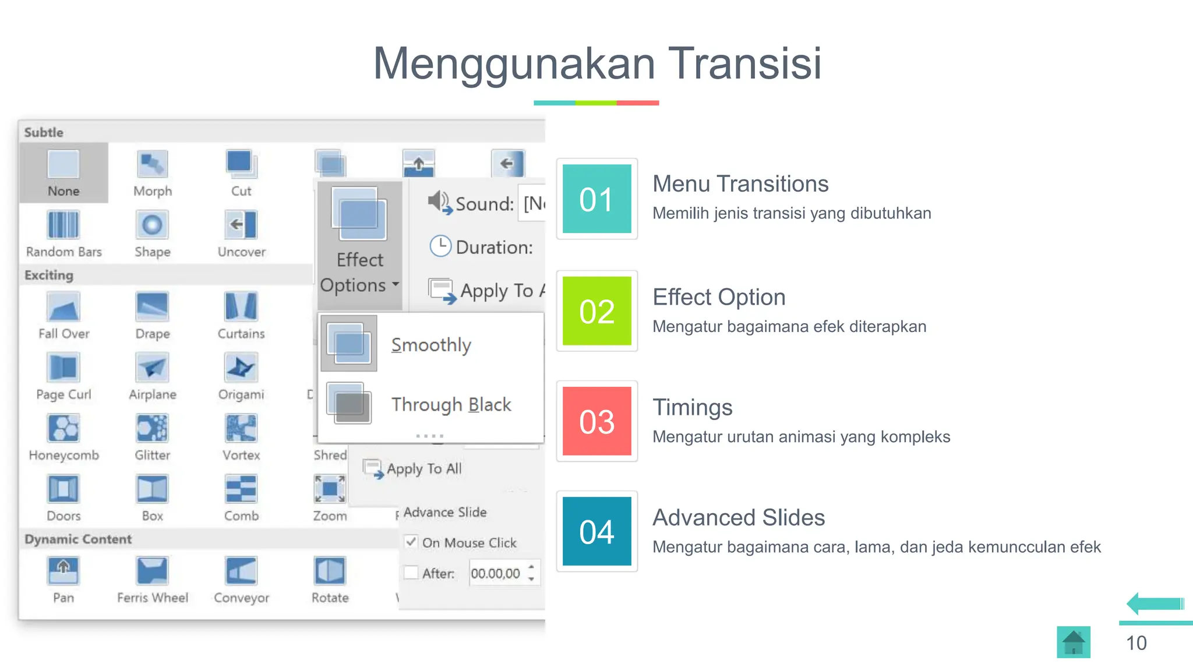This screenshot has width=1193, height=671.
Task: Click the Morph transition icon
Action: [x=152, y=164]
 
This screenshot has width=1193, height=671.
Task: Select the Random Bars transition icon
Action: [x=63, y=225]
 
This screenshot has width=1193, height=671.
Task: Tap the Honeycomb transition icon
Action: [x=63, y=429]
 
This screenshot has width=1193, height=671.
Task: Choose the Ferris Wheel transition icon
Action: [x=152, y=571]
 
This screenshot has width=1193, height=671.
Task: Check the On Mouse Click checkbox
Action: [x=411, y=542]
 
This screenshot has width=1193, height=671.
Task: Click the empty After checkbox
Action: [x=411, y=573]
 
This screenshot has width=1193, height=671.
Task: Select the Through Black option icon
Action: [x=349, y=403]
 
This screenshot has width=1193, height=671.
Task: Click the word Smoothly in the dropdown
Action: [x=431, y=345]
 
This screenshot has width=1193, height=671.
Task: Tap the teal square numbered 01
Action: [x=596, y=199]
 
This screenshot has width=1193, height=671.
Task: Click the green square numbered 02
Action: [x=596, y=311]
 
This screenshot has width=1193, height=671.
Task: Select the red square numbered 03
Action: [x=596, y=421]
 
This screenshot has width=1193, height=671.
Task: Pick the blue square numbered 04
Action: [x=596, y=531]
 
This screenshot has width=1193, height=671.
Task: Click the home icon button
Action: [x=1073, y=642]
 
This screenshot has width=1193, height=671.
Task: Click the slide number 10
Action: [x=1136, y=643]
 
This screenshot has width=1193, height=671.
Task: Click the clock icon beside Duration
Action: [x=440, y=246]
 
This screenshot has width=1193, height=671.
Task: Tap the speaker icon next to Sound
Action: [x=439, y=202]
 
